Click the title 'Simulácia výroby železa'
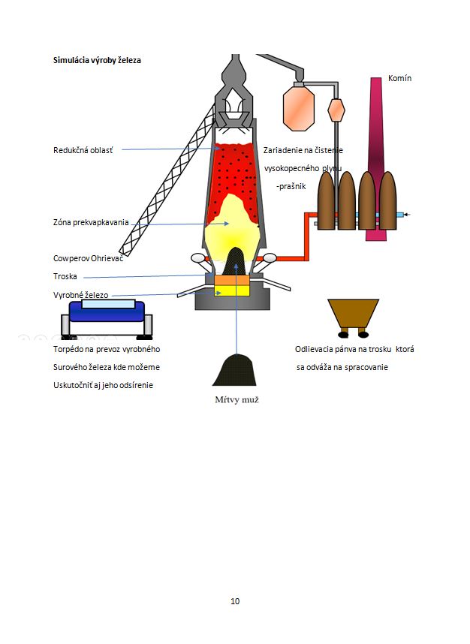[x=96, y=60]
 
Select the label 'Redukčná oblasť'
[x=83, y=150]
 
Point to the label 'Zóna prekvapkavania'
[x=91, y=222]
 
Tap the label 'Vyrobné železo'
[x=80, y=295]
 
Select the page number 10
[x=235, y=601]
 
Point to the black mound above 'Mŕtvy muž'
[x=234, y=371]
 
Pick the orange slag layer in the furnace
[x=233, y=280]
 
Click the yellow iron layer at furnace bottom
[x=233, y=291]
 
